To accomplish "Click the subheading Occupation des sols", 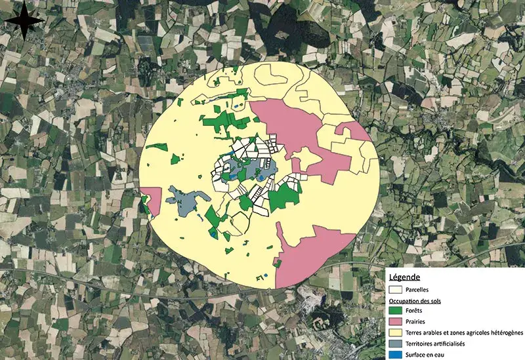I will click(417, 300).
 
